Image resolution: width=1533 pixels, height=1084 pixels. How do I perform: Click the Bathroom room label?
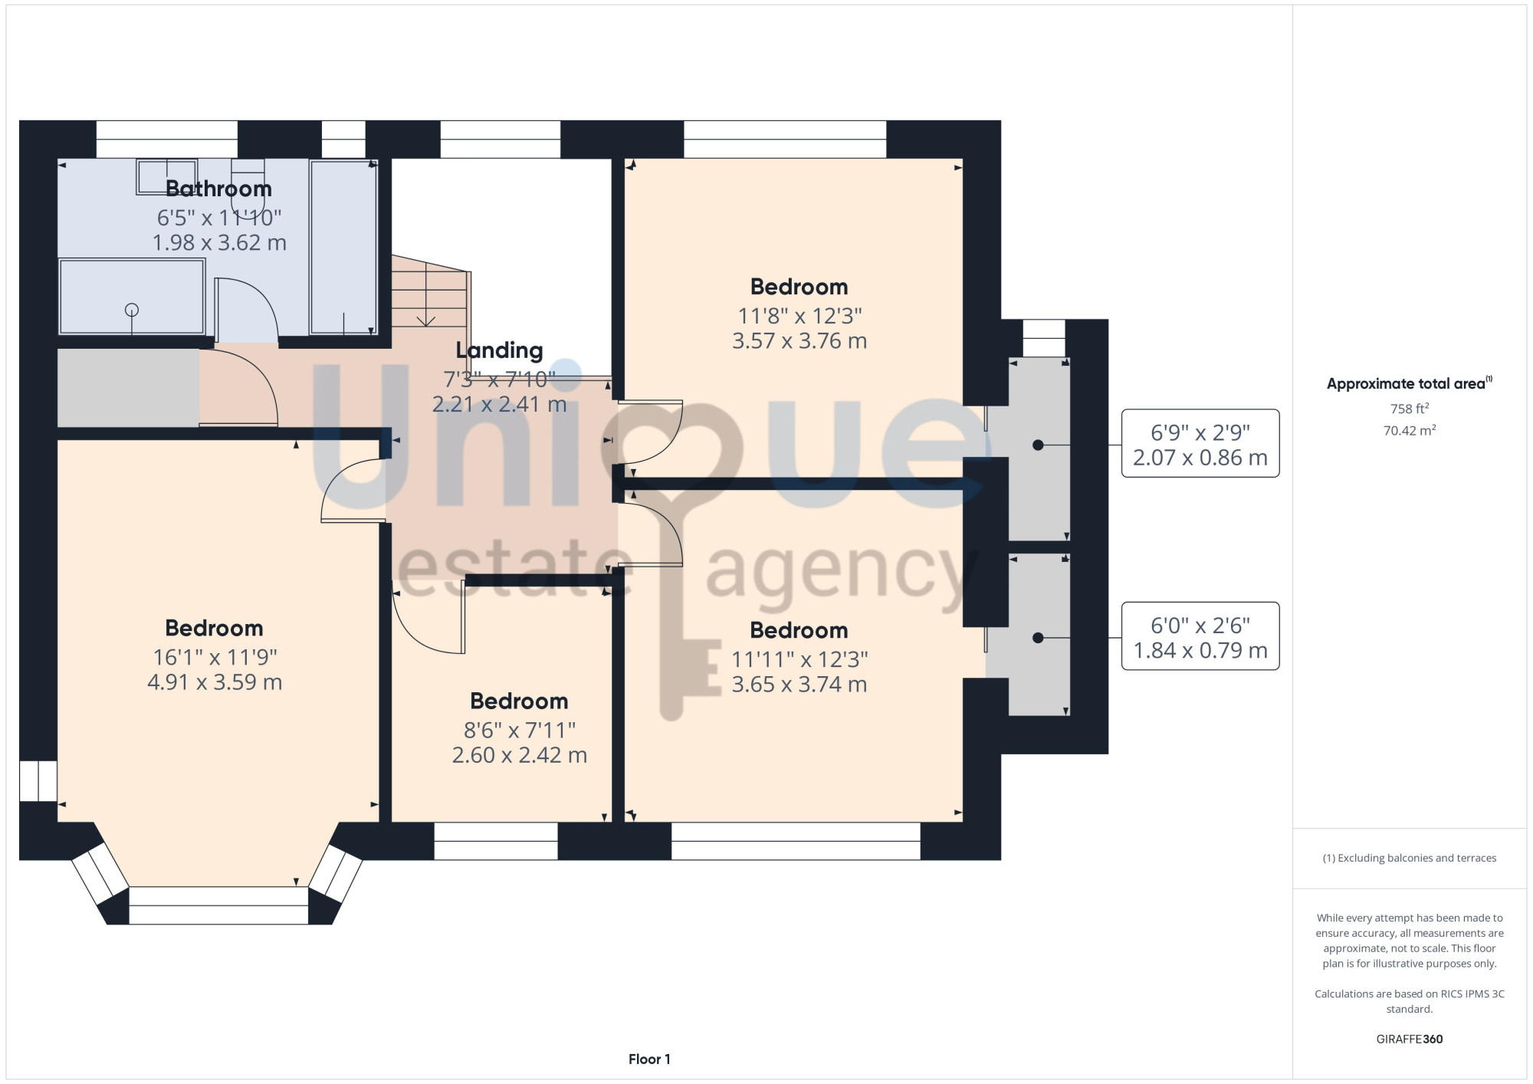coord(218,189)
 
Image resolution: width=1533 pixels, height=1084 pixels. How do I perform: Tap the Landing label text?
coord(499,350)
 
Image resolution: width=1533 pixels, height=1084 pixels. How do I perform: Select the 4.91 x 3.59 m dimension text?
coord(215,682)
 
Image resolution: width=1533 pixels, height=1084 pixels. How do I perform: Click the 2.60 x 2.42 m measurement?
coord(520,755)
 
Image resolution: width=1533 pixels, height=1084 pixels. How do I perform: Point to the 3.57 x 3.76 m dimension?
coord(799,341)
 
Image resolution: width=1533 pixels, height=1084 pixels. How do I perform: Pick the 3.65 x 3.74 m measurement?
coord(799,685)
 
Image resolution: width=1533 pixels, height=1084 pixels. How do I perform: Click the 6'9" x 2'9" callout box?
coord(1200,444)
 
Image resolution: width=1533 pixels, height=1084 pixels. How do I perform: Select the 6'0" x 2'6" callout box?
coord(1200,636)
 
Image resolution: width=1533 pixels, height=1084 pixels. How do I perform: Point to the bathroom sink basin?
coord(166,177)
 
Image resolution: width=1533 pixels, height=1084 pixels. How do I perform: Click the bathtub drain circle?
coord(132,310)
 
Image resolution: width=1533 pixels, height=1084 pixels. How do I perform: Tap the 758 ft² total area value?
coord(1410,409)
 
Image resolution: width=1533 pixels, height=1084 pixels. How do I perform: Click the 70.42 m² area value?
coord(1410,430)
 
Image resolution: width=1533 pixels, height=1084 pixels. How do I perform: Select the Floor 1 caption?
coord(649,1059)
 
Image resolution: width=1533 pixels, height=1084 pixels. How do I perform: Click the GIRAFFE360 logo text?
coord(1410,1040)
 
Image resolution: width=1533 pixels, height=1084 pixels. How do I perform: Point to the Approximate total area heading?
coord(1410,384)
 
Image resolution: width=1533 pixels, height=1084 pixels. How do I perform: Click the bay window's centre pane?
coord(218,905)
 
